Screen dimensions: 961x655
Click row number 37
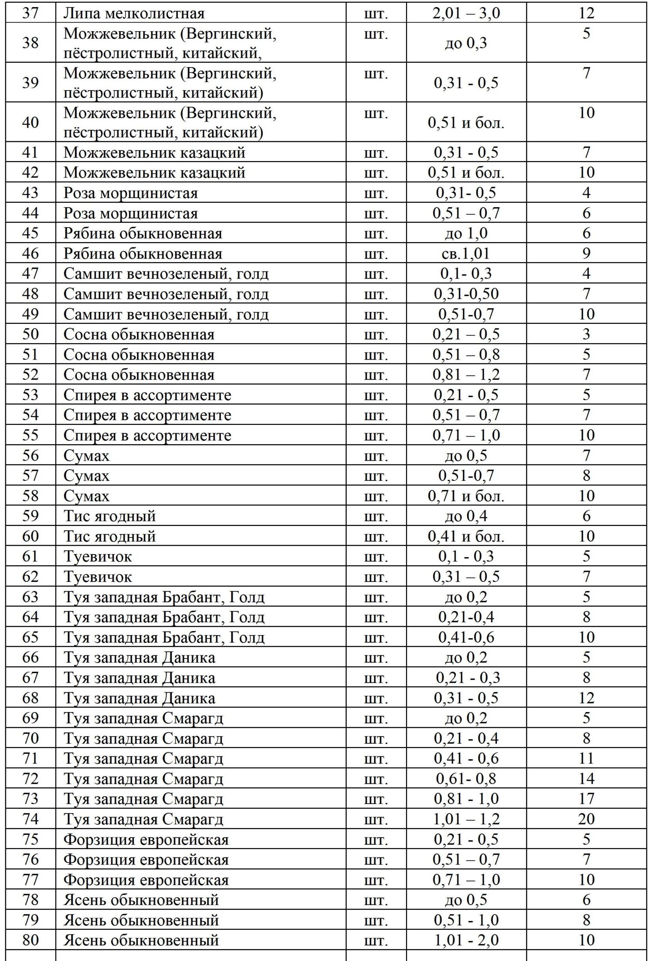30,13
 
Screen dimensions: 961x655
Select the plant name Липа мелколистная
134,14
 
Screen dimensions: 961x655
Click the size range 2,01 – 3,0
466,14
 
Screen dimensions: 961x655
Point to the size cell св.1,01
466,253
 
